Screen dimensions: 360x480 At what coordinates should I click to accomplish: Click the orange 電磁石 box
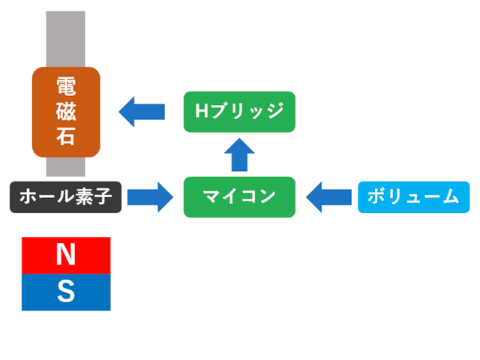(66, 112)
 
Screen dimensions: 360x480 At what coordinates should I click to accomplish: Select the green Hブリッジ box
(239, 112)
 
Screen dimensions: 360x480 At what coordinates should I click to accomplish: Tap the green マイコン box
(239, 197)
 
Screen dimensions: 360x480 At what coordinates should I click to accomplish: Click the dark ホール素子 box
(65, 197)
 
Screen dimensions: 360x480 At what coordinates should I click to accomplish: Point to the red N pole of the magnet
(66, 255)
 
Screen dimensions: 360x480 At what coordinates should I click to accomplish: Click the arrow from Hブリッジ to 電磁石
(142, 112)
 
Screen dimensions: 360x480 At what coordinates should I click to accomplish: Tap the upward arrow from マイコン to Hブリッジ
(239, 154)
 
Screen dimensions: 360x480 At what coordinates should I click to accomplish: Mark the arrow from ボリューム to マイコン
(328, 197)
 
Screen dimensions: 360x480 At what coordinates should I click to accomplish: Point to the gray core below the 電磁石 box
(66, 166)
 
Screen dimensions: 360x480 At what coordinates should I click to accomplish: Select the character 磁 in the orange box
(66, 112)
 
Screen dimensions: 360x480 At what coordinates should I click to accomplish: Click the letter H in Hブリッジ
(201, 112)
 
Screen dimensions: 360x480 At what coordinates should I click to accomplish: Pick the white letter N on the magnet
(66, 255)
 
